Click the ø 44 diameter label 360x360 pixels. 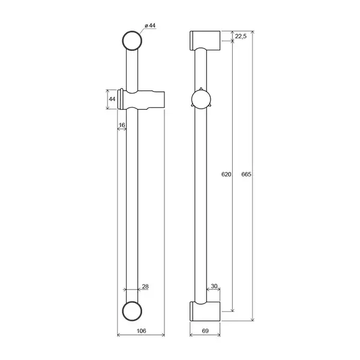(150, 25)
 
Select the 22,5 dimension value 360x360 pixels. (241, 36)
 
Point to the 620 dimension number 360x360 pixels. (226, 174)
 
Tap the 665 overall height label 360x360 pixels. (246, 174)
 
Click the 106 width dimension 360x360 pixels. (141, 331)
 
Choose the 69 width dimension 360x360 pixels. (205, 331)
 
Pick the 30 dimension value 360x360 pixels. (214, 286)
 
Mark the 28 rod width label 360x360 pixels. (145, 286)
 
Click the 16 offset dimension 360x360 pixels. (122, 125)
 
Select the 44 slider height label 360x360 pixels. (112, 99)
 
